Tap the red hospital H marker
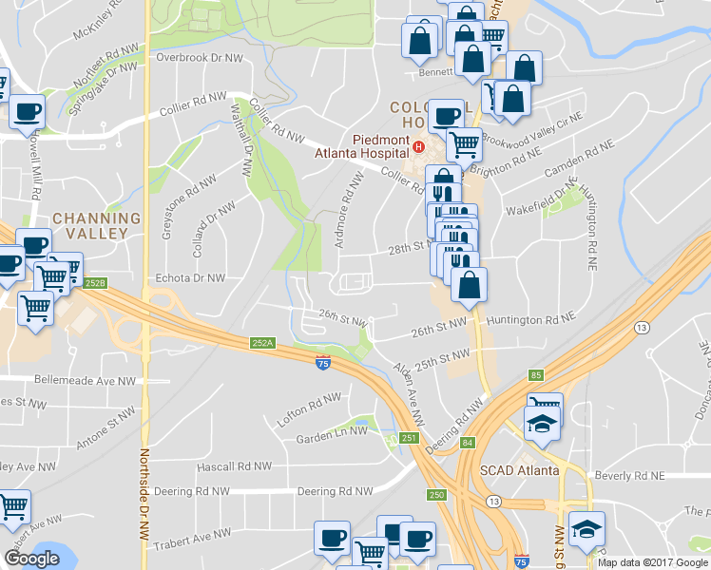[417, 148]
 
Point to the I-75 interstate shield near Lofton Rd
[323, 362]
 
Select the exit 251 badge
[409, 437]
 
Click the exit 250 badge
[436, 495]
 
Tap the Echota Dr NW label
[189, 278]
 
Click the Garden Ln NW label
[331, 430]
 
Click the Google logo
[30, 559]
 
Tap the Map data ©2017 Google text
[652, 562]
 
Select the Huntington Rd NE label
[531, 321]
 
